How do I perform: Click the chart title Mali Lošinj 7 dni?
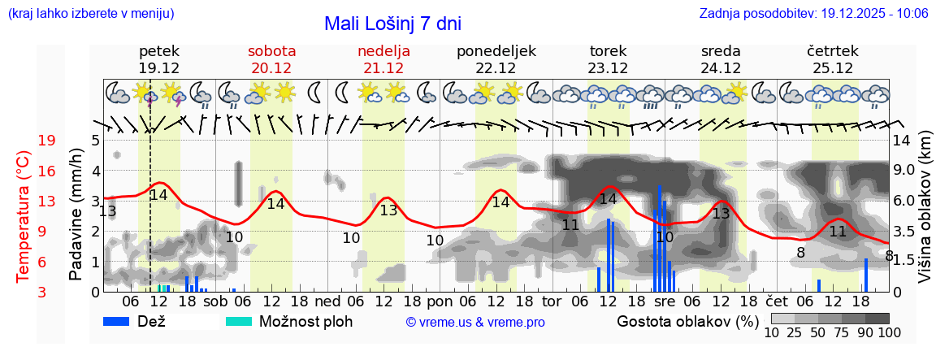(x=392, y=24)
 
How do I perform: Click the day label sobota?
(x=271, y=51)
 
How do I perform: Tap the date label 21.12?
(x=383, y=68)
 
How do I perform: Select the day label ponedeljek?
(x=496, y=51)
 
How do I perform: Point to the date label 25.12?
(x=834, y=68)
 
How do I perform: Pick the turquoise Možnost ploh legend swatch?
(x=239, y=321)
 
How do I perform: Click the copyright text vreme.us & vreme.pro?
(x=475, y=323)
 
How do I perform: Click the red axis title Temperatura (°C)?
(x=24, y=215)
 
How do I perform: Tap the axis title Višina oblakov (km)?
(x=925, y=215)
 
